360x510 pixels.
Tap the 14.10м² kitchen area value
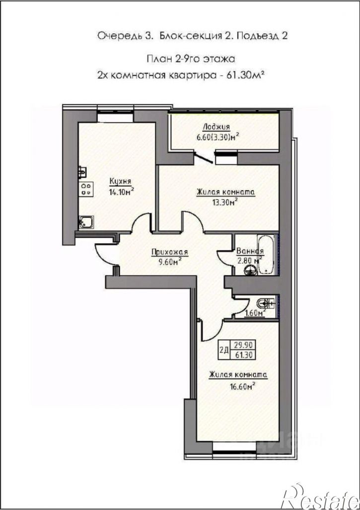click(x=122, y=191)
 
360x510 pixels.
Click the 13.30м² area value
click(x=224, y=203)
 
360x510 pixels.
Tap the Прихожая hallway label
click(x=170, y=252)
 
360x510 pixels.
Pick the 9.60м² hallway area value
click(x=170, y=262)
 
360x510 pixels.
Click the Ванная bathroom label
click(x=250, y=251)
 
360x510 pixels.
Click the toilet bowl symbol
click(x=264, y=303)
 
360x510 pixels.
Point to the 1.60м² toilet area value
click(x=255, y=313)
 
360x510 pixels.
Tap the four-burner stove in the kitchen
click(x=86, y=189)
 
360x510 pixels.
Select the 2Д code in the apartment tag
click(x=224, y=350)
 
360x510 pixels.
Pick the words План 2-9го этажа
click(x=191, y=59)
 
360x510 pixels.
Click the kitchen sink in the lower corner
click(x=86, y=222)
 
